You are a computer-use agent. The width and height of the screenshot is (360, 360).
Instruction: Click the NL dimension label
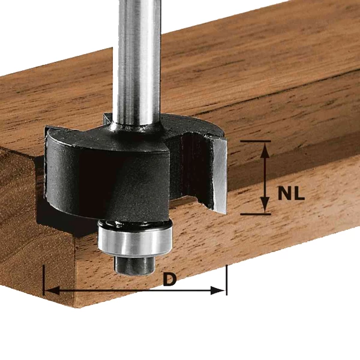click(291, 194)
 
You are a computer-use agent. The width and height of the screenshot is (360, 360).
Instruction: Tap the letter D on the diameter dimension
click(170, 279)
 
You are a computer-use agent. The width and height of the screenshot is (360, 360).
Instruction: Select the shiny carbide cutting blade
click(220, 174)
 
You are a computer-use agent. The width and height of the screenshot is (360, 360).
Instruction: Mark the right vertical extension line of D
click(226, 279)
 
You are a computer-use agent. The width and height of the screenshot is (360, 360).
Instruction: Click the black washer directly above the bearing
click(134, 223)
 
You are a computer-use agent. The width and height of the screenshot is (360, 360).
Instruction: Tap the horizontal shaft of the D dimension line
click(120, 290)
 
